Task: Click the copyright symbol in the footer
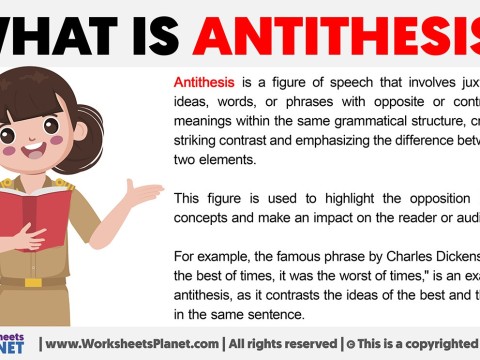click(x=349, y=344)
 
